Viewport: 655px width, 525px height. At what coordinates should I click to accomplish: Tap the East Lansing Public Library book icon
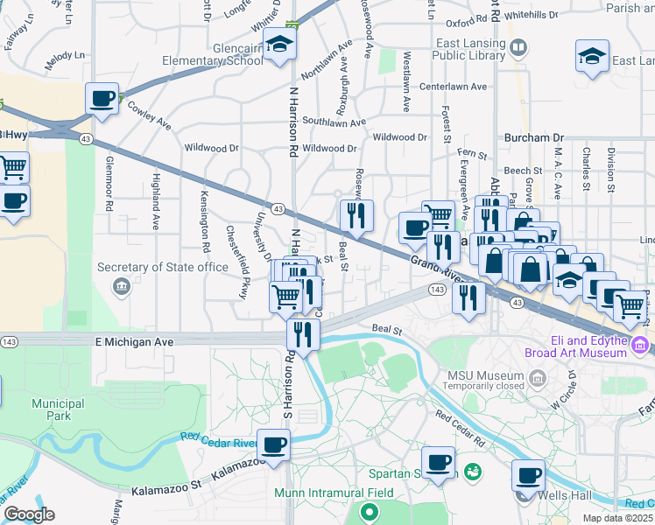(518, 47)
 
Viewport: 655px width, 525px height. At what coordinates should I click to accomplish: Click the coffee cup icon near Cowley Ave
(102, 97)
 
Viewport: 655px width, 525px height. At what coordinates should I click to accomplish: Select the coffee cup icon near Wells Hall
(528, 474)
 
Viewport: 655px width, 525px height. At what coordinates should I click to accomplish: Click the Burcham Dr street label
(534, 138)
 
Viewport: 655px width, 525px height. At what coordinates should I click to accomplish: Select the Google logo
(29, 514)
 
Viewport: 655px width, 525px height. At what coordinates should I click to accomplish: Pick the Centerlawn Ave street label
(453, 87)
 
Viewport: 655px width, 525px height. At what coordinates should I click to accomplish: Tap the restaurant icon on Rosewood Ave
(356, 214)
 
